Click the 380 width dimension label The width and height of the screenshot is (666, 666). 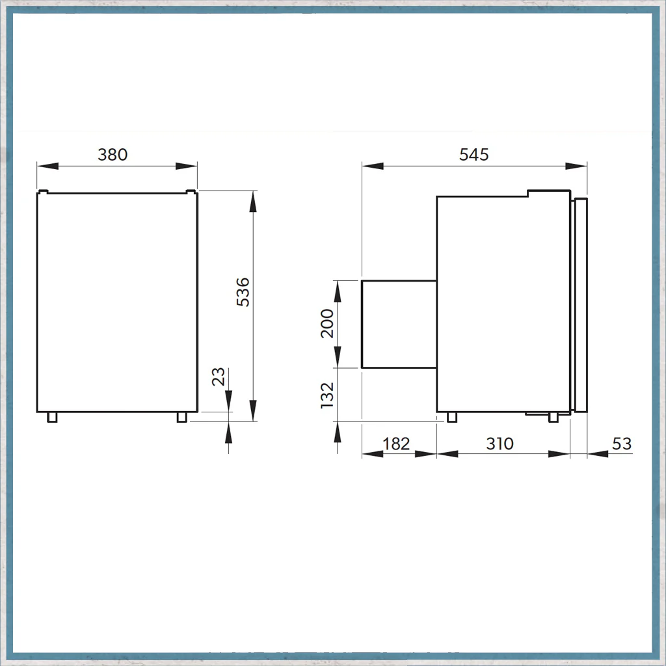coord(113,154)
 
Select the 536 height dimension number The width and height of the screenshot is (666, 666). coord(243,292)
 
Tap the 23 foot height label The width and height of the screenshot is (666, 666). coord(219,377)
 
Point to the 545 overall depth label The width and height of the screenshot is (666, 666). coord(473,154)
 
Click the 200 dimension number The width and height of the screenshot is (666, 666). coord(327,323)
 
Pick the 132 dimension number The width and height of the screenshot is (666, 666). coord(327,395)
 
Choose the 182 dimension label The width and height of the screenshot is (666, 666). coord(396,444)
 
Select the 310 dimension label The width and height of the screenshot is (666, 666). coord(500,444)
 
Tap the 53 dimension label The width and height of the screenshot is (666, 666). coord(622,444)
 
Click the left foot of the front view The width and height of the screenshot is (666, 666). coord(52,417)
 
